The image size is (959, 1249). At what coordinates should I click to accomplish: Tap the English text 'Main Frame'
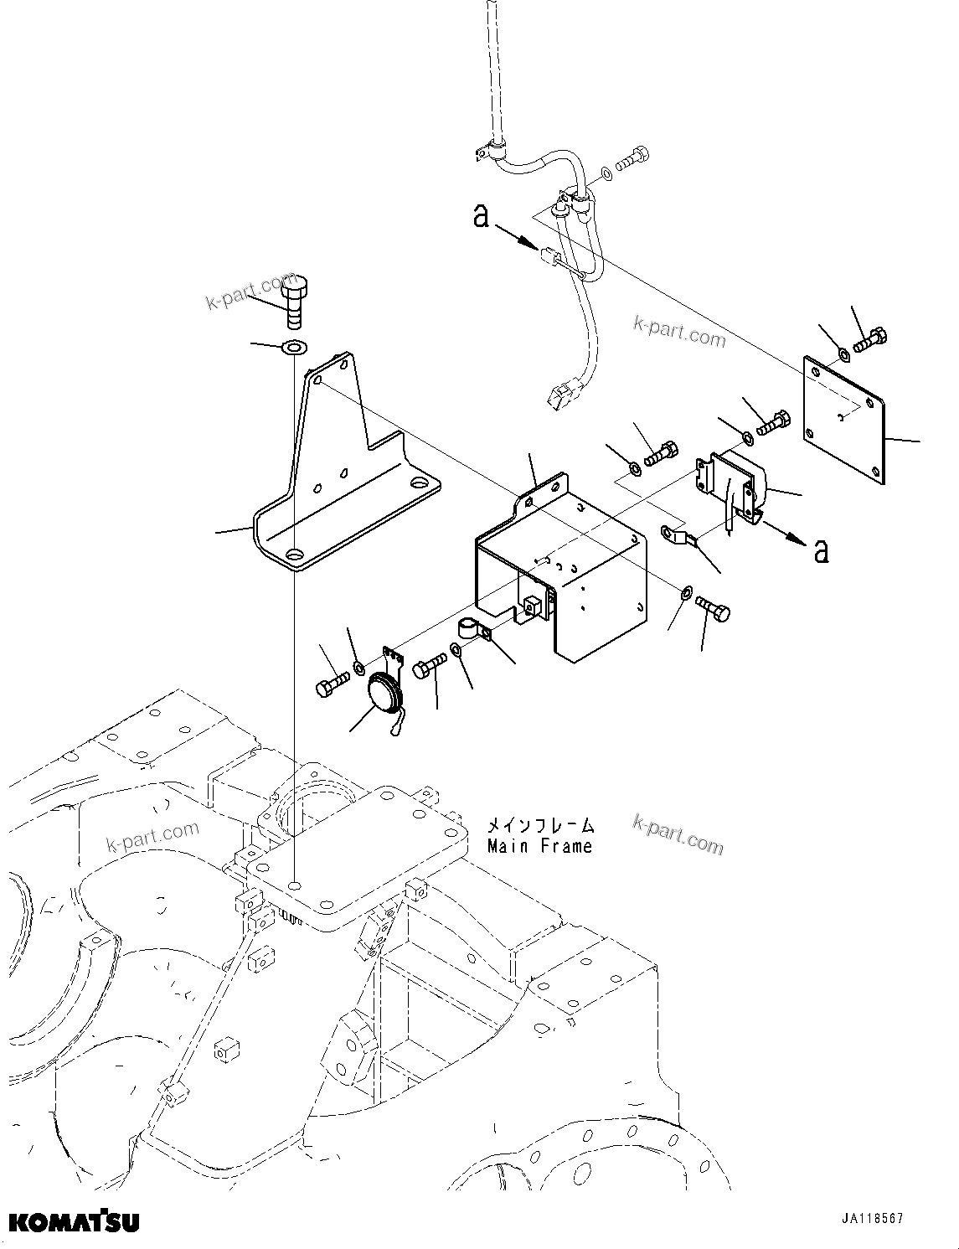539,846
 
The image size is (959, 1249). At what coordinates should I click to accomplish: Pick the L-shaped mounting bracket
343,477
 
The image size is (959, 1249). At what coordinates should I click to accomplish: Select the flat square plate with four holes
845,419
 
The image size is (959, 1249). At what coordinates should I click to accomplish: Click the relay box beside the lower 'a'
737,486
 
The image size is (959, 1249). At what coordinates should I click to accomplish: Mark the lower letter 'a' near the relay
822,550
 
